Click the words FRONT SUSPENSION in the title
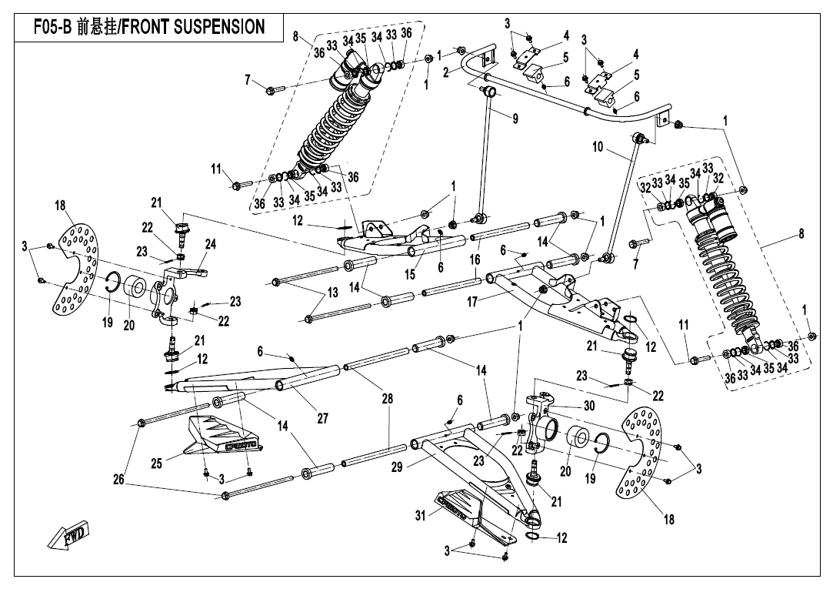click(x=193, y=27)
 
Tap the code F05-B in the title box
click(x=52, y=27)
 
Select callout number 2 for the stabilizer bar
click(x=446, y=72)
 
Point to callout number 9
click(x=515, y=119)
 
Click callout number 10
click(x=598, y=146)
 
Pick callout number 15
click(x=410, y=274)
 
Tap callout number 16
click(x=475, y=259)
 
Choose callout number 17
click(x=472, y=302)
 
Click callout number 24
click(x=211, y=244)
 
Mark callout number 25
click(x=156, y=464)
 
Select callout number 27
click(x=322, y=418)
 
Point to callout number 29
click(x=397, y=467)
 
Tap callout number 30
click(x=588, y=406)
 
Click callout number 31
click(x=421, y=515)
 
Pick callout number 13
click(x=332, y=293)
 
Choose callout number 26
click(x=118, y=480)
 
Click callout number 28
click(x=388, y=399)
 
